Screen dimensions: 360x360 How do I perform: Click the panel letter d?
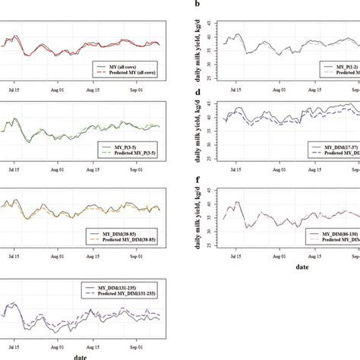[198, 93]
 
